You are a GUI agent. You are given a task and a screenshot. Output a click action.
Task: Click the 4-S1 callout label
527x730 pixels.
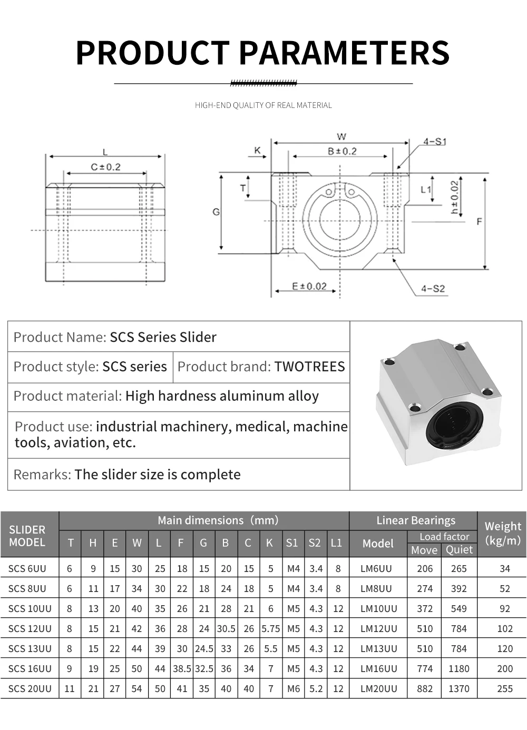point(434,142)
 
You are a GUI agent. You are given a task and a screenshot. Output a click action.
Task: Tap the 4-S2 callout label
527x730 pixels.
point(433,289)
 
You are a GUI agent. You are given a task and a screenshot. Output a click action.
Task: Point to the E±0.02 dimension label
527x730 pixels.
point(309,286)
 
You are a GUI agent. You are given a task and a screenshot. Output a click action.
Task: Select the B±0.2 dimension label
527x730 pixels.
point(342,151)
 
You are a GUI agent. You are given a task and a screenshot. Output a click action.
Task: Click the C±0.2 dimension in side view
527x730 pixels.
point(105,167)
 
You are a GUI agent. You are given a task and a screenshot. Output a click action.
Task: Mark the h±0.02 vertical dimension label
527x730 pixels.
point(454,198)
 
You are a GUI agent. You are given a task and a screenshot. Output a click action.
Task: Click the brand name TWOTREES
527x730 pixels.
point(309,367)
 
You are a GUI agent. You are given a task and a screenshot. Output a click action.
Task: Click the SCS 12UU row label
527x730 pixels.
point(30,628)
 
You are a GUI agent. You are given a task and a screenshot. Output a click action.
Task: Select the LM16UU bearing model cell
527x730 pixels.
point(378,668)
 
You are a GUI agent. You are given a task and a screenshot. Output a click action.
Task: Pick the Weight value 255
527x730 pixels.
point(504,688)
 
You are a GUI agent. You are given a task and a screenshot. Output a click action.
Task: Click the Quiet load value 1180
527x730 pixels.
point(458,668)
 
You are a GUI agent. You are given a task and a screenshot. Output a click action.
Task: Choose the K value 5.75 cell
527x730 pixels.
point(270,628)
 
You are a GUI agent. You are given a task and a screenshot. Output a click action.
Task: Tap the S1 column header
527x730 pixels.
point(291,543)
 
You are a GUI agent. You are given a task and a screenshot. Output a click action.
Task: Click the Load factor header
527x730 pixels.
point(444,536)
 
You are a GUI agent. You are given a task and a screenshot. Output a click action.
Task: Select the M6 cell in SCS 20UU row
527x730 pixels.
point(293,688)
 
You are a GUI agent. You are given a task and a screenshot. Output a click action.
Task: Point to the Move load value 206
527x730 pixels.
point(424,569)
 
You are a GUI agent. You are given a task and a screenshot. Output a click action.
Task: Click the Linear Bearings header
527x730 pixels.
point(415,520)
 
